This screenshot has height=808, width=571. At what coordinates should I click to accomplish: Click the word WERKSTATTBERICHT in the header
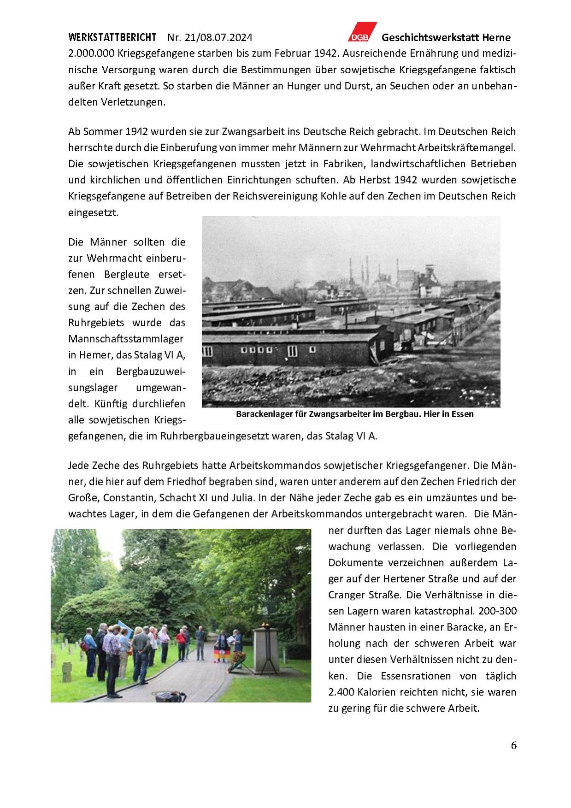pos(112,37)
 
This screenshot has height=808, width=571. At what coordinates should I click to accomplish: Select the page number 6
pos(513,745)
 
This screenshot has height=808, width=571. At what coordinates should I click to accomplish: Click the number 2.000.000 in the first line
pos(91,53)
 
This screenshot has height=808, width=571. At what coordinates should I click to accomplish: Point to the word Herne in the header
pos(496,37)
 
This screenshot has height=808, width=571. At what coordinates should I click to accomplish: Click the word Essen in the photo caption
pos(462,414)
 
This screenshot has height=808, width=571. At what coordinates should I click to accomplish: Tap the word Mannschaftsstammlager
pos(126,339)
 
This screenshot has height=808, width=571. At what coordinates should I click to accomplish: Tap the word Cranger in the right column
pos(346,595)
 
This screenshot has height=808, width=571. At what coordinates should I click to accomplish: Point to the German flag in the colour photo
pos(220,654)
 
